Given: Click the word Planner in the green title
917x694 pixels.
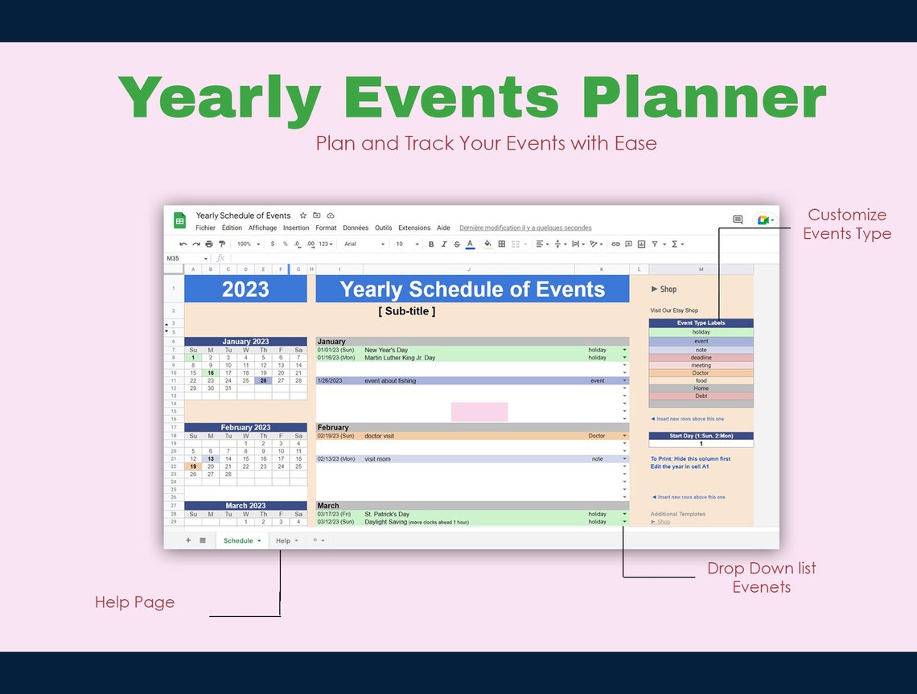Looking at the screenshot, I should [704, 98].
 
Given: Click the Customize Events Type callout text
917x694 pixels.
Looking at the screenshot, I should [846, 224].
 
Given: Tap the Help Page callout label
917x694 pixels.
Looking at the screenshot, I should [134, 602].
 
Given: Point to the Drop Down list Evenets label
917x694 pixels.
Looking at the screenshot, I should [761, 577].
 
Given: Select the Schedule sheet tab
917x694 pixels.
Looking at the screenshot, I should [238, 541].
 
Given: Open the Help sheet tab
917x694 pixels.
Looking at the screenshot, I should [283, 541].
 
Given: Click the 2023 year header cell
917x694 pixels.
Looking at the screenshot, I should [245, 290].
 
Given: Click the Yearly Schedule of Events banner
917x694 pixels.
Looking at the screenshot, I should [472, 290].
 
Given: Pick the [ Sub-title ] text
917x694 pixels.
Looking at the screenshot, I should [406, 311].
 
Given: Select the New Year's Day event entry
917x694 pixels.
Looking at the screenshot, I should [386, 350].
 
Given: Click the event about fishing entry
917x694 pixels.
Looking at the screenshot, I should [390, 381].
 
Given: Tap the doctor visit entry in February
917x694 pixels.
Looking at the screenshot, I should [384, 436].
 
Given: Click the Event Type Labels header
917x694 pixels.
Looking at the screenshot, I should [701, 323].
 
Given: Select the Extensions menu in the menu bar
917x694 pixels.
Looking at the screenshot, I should [414, 228].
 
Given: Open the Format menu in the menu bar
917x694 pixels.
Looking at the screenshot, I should [326, 228].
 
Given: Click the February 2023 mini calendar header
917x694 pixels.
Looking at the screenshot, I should [245, 428].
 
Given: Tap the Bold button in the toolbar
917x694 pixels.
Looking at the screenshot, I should [431, 244].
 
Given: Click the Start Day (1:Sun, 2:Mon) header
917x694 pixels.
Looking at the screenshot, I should [701, 436].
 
